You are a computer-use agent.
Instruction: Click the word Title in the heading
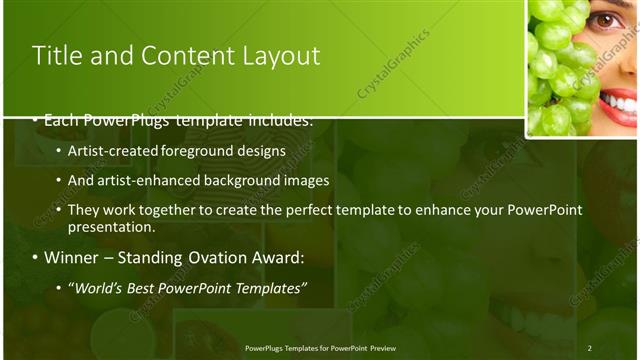(x=56, y=56)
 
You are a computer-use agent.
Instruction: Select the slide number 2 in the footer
(x=589, y=347)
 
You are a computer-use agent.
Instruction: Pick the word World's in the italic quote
(x=102, y=289)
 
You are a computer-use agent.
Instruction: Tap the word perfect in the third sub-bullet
(x=325, y=210)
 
